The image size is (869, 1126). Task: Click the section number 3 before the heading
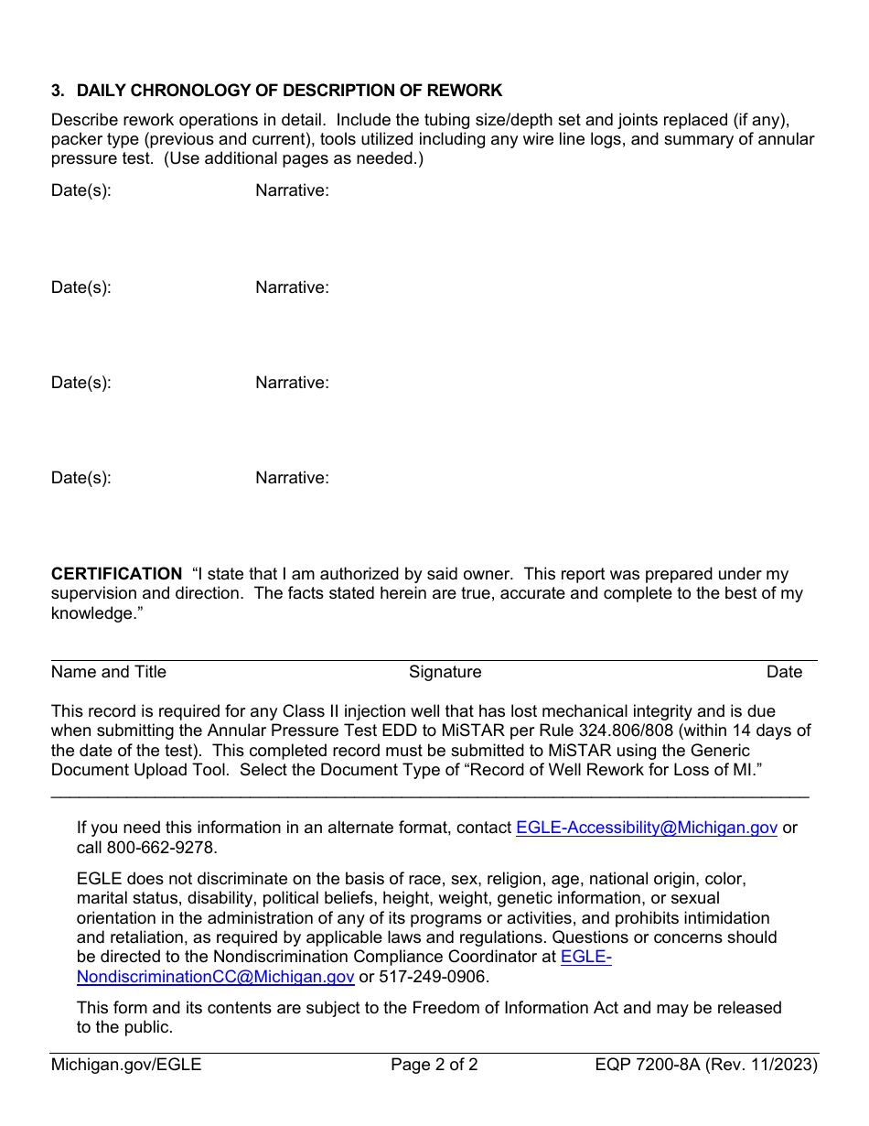tap(57, 91)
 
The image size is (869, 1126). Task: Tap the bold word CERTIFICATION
tap(116, 574)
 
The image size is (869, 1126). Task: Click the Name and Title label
tap(109, 672)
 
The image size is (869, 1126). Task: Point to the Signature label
tap(445, 672)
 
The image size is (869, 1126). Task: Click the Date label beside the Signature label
tap(784, 672)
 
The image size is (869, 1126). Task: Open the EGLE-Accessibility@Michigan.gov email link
tap(646, 828)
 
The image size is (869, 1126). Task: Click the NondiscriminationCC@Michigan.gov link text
tap(215, 977)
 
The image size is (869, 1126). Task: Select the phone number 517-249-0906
tap(432, 977)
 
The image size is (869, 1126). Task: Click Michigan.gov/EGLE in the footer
tap(126, 1065)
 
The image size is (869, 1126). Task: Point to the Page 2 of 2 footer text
tap(434, 1065)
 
